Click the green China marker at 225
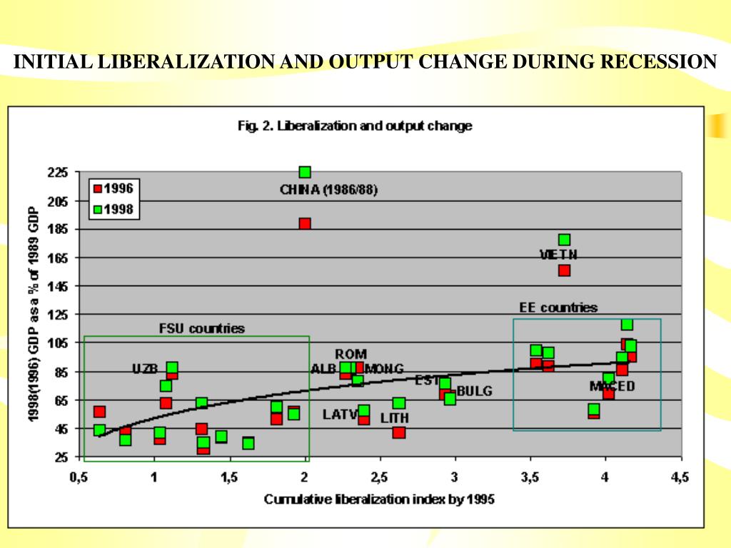[x=305, y=172]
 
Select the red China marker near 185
[x=305, y=223]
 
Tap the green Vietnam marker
[x=564, y=240]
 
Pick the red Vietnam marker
[x=564, y=270]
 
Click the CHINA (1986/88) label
[x=328, y=190]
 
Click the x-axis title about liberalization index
[x=379, y=499]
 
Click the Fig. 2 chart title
[x=354, y=126]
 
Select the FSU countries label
[x=201, y=328]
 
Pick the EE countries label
[x=558, y=308]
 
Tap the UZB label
[x=145, y=369]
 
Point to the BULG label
[x=475, y=391]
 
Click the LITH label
[x=394, y=417]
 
